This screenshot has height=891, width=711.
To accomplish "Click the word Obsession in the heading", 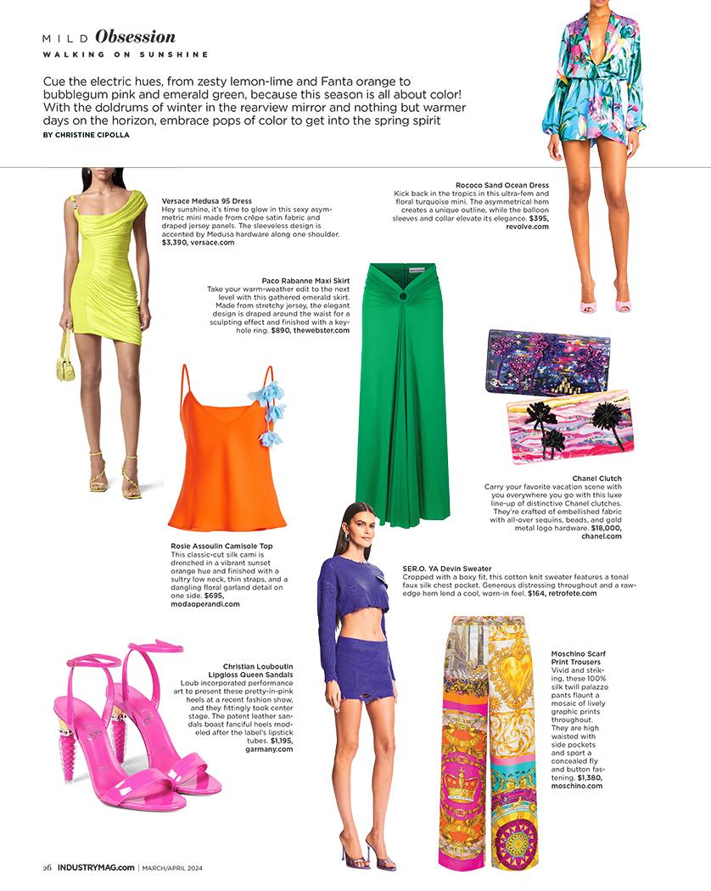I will [136, 37].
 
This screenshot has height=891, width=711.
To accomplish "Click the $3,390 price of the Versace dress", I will [174, 242].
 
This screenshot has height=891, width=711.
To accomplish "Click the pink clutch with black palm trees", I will [569, 423].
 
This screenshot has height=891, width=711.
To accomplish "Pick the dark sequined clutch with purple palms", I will [547, 362].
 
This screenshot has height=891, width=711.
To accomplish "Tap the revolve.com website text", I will [528, 227].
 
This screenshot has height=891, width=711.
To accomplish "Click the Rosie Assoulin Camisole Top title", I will [222, 546].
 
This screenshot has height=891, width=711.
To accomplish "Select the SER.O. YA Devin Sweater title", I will [447, 568].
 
